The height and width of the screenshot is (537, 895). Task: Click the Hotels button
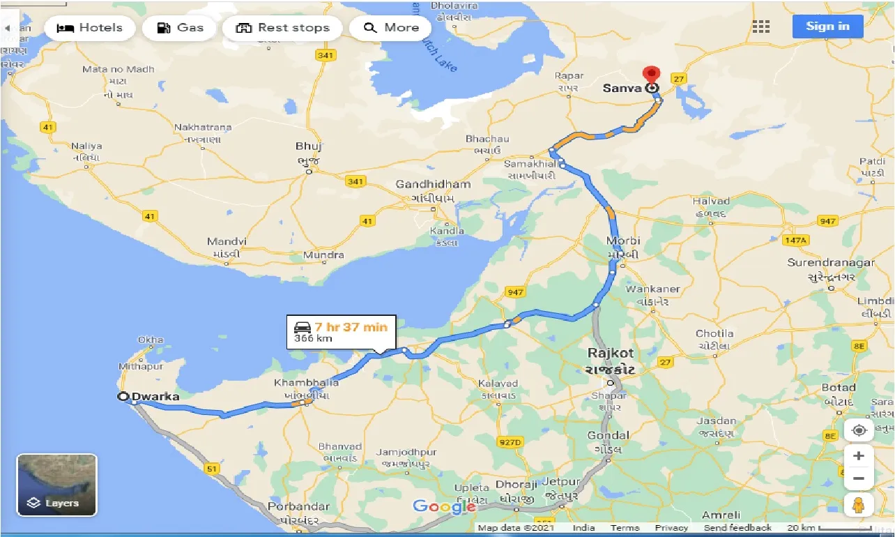(x=89, y=28)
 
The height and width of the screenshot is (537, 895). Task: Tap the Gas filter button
(x=180, y=28)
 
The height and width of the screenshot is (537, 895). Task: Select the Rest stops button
(x=282, y=28)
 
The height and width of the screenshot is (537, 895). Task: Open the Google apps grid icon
(x=761, y=27)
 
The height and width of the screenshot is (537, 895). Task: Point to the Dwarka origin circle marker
(x=123, y=397)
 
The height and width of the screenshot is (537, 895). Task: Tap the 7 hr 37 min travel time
(x=350, y=326)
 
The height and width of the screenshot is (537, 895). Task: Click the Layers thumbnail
(x=57, y=485)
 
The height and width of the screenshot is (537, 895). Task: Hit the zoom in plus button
(x=859, y=456)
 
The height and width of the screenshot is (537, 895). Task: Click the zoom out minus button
(x=859, y=479)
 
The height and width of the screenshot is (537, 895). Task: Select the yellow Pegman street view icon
(x=859, y=505)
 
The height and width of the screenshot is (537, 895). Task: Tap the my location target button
(x=859, y=430)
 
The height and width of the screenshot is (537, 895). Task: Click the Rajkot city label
(x=611, y=354)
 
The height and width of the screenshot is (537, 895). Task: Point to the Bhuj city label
(x=309, y=146)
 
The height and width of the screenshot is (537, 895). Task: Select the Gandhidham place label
(x=433, y=185)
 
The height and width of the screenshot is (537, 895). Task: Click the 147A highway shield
(x=795, y=241)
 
